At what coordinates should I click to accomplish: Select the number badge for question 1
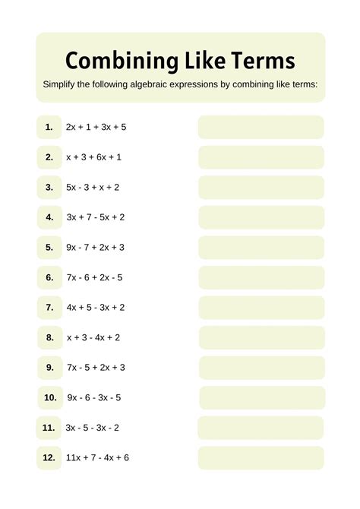[49, 127]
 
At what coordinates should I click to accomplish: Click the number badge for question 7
[49, 308]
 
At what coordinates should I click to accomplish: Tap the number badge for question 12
[49, 457]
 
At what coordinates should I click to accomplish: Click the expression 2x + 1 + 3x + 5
[96, 127]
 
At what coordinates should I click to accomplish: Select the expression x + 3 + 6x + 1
[93, 157]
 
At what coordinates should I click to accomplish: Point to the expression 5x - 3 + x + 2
[93, 187]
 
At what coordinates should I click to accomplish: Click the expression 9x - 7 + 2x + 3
[96, 247]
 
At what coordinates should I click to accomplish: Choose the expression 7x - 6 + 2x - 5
[94, 277]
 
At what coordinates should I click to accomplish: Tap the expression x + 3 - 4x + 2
[93, 337]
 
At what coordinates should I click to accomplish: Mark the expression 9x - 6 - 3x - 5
[94, 397]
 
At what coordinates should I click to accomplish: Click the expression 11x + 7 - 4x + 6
[97, 457]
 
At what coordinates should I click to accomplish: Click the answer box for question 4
[261, 217]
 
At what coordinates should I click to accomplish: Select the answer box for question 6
[261, 277]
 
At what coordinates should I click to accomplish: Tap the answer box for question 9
[261, 368]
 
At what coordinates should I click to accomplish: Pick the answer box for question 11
[261, 428]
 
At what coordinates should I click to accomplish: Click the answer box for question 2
[261, 157]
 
